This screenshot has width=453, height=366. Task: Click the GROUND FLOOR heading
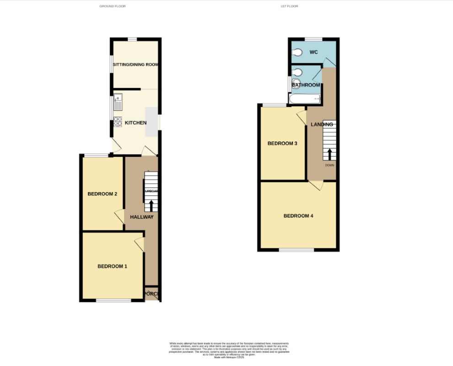112,6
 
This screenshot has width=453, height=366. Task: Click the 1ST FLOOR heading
289,6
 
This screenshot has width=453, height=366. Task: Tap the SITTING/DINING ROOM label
135,65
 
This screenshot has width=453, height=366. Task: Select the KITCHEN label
135,123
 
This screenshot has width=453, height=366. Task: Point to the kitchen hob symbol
118,122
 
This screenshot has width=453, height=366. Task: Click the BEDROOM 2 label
102,194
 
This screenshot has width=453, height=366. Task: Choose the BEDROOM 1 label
112,266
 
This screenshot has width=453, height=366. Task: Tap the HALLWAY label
141,217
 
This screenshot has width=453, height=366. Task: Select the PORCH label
151,294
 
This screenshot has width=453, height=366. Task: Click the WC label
313,52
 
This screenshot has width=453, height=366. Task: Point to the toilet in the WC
297,53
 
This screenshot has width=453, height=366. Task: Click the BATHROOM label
306,85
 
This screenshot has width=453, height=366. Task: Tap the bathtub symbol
304,99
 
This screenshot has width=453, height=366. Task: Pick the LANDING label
322,124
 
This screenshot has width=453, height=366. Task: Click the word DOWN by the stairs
329,165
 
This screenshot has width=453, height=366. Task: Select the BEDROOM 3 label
282,144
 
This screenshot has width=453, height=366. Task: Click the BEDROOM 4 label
298,216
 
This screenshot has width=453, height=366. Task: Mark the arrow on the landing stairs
329,154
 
